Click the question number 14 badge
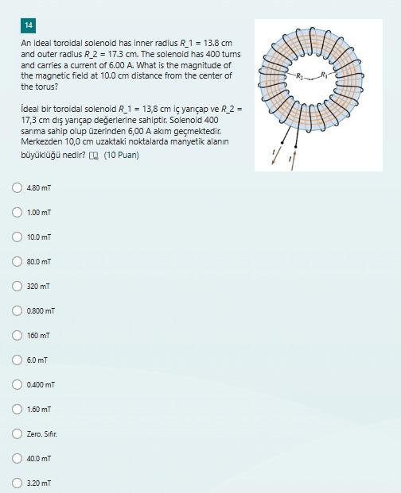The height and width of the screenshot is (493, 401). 29,25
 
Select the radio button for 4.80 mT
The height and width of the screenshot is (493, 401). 17,188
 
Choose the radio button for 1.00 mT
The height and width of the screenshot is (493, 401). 17,213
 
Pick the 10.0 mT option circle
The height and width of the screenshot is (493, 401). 17,237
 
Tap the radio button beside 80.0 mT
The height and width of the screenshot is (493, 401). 17,261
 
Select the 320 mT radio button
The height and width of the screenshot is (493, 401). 17,286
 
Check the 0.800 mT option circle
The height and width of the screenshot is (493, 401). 17,310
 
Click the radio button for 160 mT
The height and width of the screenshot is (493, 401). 17,335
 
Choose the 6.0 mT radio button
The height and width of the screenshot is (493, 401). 17,360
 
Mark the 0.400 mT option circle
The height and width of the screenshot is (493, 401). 17,384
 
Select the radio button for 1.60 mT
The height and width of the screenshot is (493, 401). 17,409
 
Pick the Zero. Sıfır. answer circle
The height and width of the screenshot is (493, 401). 17,433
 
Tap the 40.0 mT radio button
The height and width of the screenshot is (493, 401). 17,458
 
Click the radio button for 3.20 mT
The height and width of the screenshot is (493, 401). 17,482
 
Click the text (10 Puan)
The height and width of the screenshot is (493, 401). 121,155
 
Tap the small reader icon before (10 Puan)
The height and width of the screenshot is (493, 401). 94,156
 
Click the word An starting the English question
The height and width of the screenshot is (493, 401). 25,42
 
